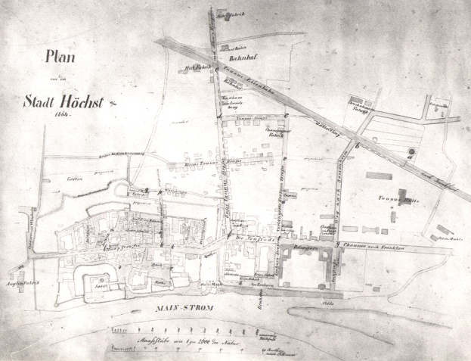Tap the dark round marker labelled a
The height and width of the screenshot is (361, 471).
[x=411, y=152]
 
